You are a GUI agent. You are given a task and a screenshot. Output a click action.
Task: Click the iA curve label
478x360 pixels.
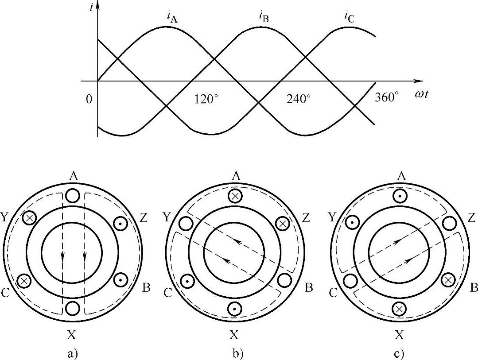pos(171,16)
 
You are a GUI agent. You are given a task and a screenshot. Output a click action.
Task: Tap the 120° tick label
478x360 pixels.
pos(206,99)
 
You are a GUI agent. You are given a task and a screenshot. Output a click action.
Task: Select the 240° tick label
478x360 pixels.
pos(299,99)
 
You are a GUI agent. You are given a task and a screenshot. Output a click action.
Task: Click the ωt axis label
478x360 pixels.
pos(422,94)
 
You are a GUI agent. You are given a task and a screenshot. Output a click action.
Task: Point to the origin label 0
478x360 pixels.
pos(89,99)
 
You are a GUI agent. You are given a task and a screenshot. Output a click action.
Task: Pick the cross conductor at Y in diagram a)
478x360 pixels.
pos(30,218)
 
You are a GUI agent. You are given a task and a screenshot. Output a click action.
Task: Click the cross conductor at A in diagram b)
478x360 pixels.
pos(235,196)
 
